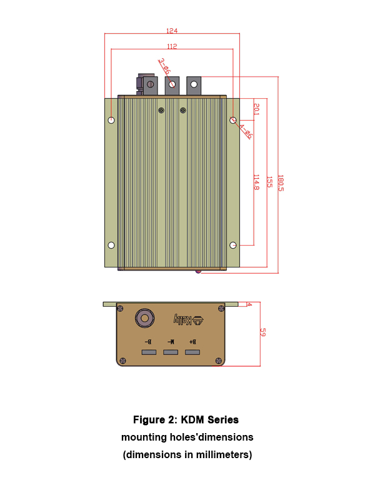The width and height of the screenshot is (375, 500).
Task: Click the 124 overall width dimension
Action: point(172,31)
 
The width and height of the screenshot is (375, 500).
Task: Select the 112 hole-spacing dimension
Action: point(172,46)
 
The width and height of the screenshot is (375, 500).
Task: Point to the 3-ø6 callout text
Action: point(164,67)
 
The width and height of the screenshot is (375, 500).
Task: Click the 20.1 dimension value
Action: point(256,109)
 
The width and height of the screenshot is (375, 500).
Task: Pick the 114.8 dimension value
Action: point(256,182)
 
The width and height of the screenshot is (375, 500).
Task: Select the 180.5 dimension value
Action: point(281,183)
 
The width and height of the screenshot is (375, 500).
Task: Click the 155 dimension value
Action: point(269,182)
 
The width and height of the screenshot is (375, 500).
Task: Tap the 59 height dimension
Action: point(262,333)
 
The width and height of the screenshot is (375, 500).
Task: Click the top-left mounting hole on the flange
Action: point(111,120)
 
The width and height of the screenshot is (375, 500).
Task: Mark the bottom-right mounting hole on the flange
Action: point(233,245)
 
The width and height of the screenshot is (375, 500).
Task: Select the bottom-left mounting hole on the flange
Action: point(111,245)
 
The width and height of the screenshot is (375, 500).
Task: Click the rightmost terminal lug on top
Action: point(194,84)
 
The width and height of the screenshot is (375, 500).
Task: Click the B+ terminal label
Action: point(192,342)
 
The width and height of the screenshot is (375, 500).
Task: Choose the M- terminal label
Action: point(171,342)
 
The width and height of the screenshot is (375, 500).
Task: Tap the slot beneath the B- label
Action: point(149,352)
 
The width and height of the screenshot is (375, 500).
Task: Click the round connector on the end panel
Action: point(144,318)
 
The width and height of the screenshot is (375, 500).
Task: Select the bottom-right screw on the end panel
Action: point(219,361)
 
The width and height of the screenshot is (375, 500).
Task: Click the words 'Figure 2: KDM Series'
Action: point(187,419)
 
